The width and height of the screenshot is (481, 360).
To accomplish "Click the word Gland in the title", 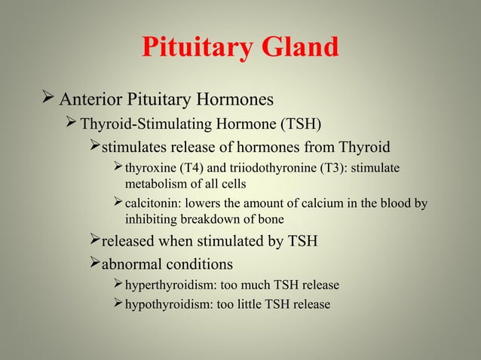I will click(x=299, y=47).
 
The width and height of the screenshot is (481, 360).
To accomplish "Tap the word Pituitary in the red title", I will click(x=197, y=47).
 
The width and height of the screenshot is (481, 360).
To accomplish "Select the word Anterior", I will click(x=87, y=99).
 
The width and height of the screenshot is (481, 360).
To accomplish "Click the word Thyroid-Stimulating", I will click(x=141, y=123).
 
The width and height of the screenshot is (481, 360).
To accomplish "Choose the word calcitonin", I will click(x=153, y=203).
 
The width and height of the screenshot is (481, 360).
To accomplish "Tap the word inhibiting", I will click(x=152, y=220).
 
